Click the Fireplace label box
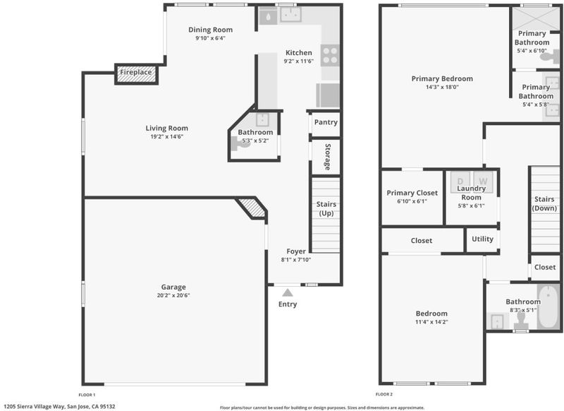tap(136, 74)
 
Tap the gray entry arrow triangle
tap(288, 292)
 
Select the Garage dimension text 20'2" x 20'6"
tap(173, 295)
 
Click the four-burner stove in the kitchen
tap(330, 56)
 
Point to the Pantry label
tap(326, 122)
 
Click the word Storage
tap(328, 157)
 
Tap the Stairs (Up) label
tap(326, 208)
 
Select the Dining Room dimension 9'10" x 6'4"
tap(210, 38)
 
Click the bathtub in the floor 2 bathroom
tap(548, 306)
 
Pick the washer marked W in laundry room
tap(483, 182)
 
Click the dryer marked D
tap(460, 182)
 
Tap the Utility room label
tap(482, 239)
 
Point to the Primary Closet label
tap(412, 193)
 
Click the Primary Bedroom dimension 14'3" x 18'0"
tap(442, 87)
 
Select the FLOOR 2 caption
tap(384, 395)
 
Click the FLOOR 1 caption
tap(87, 395)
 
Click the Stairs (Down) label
tap(544, 203)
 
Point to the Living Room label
tap(167, 128)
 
